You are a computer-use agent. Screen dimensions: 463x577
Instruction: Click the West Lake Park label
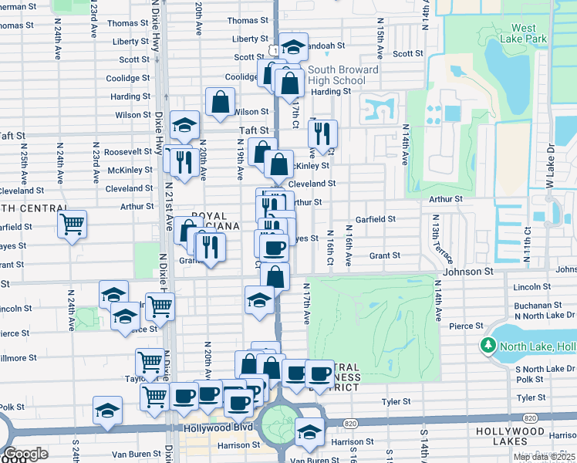(523, 33)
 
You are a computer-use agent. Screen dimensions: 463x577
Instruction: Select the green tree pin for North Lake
(487, 346)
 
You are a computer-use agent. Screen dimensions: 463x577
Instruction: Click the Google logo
(25, 454)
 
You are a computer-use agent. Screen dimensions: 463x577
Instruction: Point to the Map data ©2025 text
(544, 457)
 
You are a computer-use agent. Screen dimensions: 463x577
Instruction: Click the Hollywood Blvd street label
(218, 427)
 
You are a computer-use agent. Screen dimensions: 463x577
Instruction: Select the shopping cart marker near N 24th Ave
(72, 225)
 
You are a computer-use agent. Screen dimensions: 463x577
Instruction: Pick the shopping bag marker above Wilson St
(221, 101)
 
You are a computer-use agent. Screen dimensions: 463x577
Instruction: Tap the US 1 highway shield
(273, 49)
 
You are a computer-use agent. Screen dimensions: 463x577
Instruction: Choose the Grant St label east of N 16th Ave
(384, 255)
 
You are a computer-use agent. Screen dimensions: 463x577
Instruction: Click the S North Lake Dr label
(540, 369)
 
